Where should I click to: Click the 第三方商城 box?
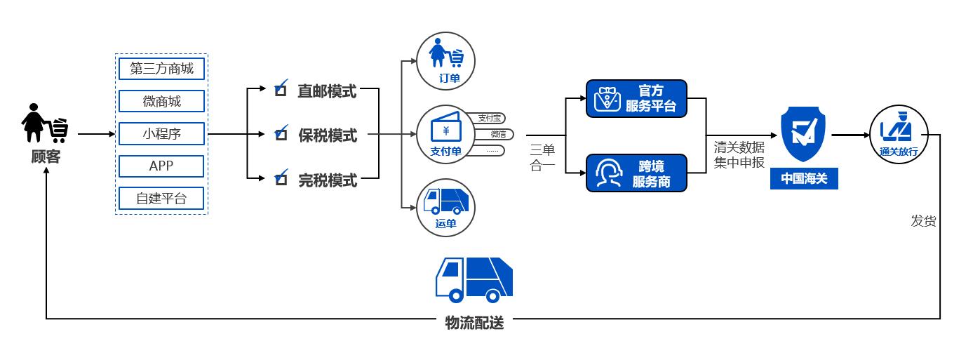[161, 68]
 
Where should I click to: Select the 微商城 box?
[161, 101]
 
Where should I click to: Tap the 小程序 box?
[161, 133]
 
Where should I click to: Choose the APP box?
[161, 166]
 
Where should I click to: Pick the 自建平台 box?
[161, 199]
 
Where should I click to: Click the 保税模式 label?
[328, 135]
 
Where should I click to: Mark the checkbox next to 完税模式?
[281, 180]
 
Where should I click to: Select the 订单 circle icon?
[446, 60]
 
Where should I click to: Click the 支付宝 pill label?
[490, 118]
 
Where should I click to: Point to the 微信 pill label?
[497, 134]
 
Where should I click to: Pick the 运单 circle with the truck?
[446, 207]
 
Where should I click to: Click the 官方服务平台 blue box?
[636, 98]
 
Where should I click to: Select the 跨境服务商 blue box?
[636, 173]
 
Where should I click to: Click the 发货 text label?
[923, 221]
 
